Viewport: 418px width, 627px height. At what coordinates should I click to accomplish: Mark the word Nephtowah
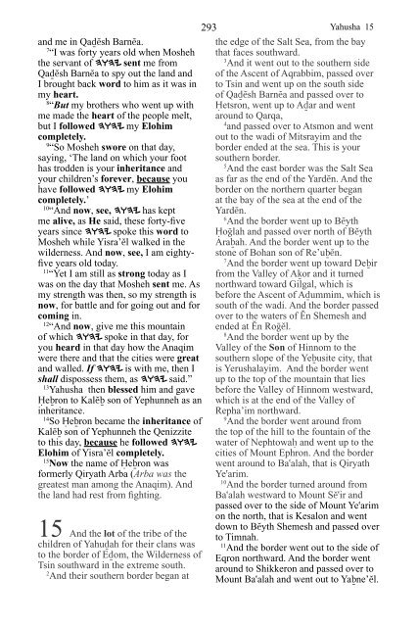[291, 462]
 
